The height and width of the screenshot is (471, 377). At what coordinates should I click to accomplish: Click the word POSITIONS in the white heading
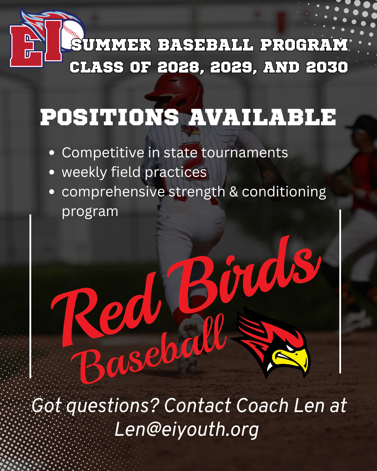(x=110, y=117)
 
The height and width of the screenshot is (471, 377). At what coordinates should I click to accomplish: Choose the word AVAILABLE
(x=262, y=117)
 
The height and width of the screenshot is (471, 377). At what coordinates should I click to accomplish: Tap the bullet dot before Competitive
(x=52, y=153)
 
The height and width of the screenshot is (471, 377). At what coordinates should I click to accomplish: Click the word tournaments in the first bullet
(x=244, y=152)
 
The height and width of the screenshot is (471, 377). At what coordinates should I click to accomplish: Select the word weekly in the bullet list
(x=84, y=172)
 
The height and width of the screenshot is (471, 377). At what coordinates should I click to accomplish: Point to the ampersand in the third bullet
(x=234, y=192)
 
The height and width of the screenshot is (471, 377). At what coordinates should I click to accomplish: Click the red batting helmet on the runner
(x=175, y=92)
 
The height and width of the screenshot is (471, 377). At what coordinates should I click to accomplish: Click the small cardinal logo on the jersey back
(x=190, y=130)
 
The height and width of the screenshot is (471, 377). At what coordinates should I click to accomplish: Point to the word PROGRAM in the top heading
(x=304, y=45)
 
